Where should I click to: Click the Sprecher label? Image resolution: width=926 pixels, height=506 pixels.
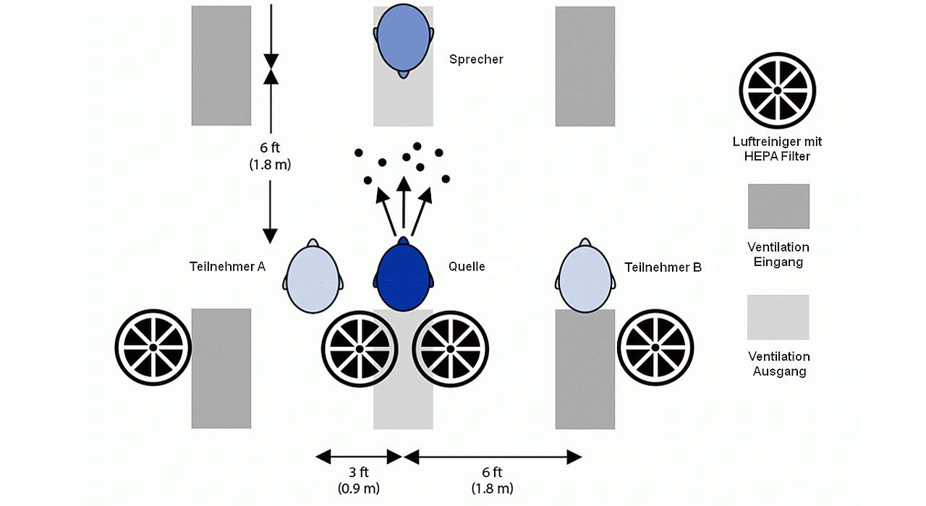[475, 59]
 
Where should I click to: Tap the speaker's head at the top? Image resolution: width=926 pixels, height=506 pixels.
[404, 40]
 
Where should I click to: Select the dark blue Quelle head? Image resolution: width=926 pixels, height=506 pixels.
[404, 276]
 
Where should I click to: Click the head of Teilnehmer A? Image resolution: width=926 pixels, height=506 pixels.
[313, 278]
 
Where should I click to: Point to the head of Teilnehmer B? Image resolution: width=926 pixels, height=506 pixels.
[587, 278]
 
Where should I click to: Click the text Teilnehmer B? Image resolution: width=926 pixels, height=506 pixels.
[663, 267]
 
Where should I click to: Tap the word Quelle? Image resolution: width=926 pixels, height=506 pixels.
[467, 267]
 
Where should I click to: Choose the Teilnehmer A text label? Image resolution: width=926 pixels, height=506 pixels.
[227, 267]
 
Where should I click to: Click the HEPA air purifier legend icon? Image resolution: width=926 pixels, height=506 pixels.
[777, 90]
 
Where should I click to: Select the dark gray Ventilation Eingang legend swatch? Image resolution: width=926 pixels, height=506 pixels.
[778, 206]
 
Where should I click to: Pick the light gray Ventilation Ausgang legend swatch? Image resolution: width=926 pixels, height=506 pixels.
[778, 317]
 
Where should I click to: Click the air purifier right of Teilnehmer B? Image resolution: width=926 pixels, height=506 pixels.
[656, 347]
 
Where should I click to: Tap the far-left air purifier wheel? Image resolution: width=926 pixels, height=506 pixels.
[153, 347]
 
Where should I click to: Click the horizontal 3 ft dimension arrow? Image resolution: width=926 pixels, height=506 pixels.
[359, 457]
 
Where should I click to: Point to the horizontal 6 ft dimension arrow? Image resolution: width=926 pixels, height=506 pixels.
[493, 457]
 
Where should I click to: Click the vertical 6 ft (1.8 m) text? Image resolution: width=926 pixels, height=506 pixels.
[269, 156]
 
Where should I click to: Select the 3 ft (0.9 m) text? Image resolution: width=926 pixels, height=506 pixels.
[359, 480]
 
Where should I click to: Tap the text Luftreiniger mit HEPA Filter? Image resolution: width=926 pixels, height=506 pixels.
[777, 148]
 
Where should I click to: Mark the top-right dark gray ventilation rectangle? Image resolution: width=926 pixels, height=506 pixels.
[585, 66]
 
